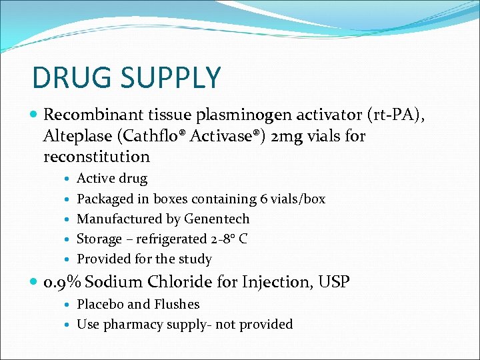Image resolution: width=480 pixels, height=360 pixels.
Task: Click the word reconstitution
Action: tap(97, 157)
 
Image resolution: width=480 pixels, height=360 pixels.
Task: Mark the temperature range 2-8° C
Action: tap(229, 239)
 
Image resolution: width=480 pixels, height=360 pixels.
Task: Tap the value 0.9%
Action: tap(62, 282)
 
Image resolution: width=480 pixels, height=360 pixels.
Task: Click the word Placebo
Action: tap(100, 304)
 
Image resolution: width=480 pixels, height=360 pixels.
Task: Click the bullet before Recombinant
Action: tap(35, 116)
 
